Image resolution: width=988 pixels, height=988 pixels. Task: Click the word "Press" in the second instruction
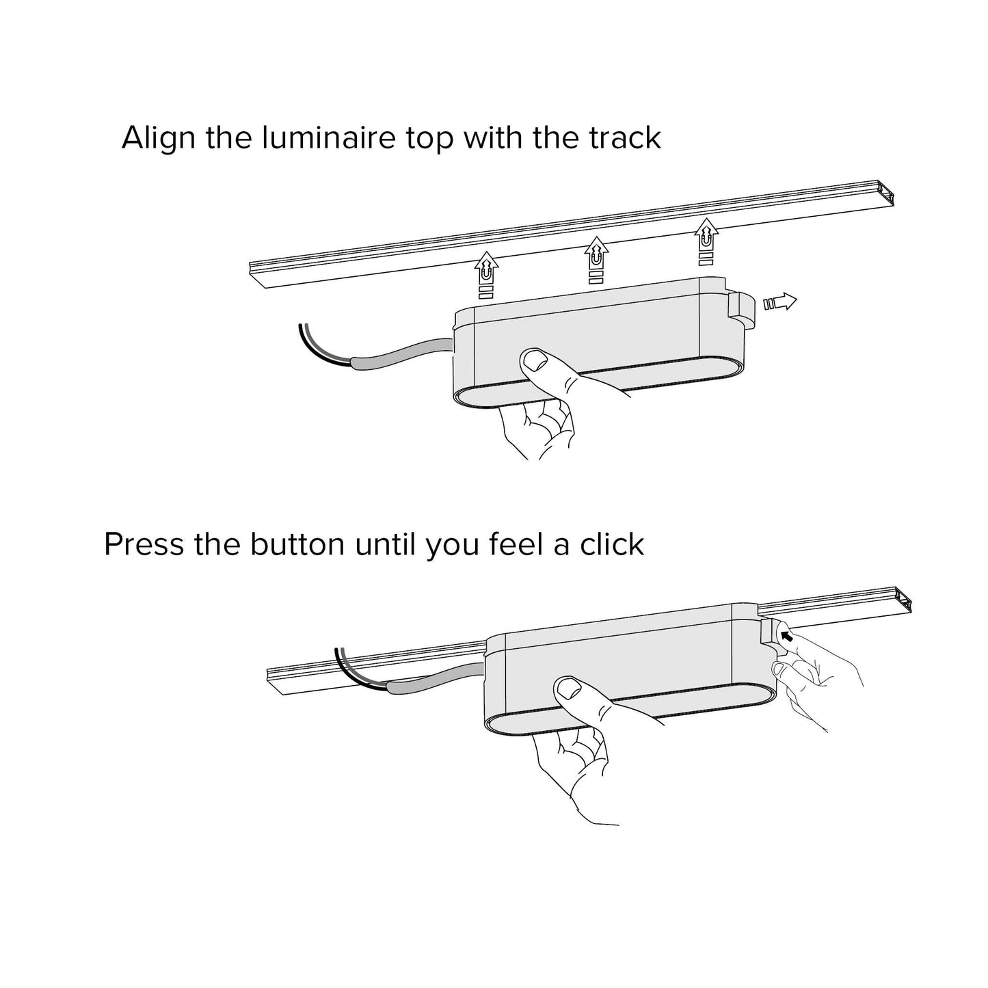144,544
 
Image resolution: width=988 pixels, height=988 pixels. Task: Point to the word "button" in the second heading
297,544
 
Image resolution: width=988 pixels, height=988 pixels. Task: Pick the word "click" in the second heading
612,544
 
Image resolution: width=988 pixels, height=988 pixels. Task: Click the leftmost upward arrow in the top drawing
486,275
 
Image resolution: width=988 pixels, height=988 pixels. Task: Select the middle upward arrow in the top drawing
596,259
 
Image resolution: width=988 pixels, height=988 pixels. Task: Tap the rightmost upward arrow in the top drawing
706,241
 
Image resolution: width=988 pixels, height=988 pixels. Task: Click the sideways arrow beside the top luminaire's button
780,303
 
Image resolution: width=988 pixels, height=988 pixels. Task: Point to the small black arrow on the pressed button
786,637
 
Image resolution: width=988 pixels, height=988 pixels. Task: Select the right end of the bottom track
903,600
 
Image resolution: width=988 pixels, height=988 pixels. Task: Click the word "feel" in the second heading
516,544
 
